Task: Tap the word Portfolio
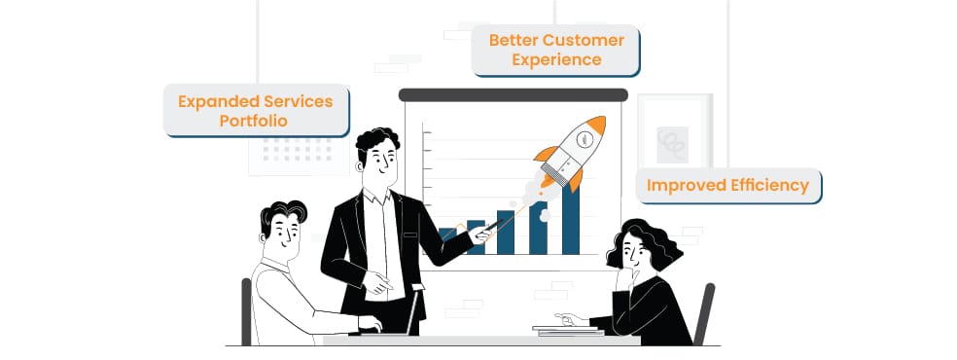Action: point(253,121)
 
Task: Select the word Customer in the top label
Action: point(583,41)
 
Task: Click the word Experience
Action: point(556,59)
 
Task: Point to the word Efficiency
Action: point(771,185)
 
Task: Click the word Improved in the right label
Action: point(688,186)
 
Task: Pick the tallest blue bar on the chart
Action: point(570,219)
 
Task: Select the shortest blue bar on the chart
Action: point(447,241)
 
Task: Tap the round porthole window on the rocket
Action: point(585,140)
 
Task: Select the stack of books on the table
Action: point(568,331)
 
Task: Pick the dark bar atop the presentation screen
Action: point(513,94)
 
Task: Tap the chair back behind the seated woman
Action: point(704,313)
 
